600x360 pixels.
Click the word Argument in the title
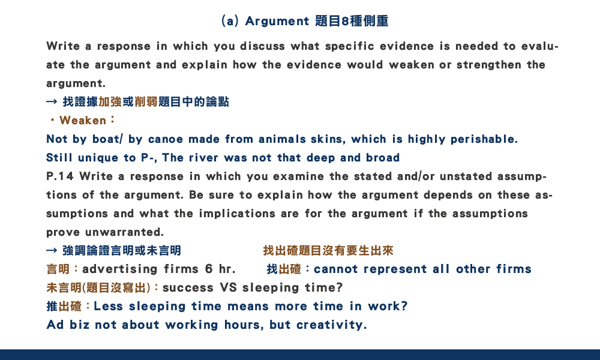(x=277, y=22)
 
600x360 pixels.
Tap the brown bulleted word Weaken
(x=83, y=121)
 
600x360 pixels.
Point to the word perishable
(x=484, y=139)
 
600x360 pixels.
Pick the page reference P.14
(x=59, y=176)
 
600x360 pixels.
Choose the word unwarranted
(x=124, y=232)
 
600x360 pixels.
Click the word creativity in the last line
(x=331, y=325)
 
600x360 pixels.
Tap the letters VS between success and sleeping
(x=228, y=287)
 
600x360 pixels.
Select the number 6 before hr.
(x=209, y=269)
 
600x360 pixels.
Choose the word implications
(x=237, y=214)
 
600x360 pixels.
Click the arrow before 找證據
(x=52, y=102)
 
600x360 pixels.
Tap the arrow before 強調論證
(x=52, y=251)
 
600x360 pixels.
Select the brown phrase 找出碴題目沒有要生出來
(x=328, y=251)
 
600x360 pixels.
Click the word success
(x=188, y=287)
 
